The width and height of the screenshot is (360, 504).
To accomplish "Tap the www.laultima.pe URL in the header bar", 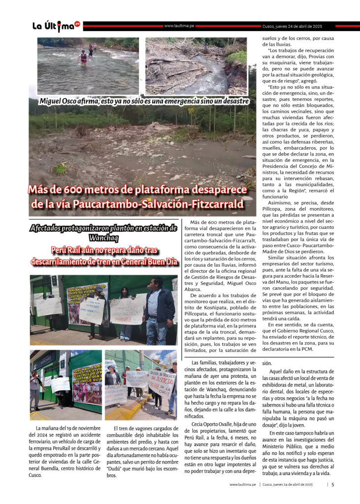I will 178,26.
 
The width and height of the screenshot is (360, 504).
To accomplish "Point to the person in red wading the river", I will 83,57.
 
